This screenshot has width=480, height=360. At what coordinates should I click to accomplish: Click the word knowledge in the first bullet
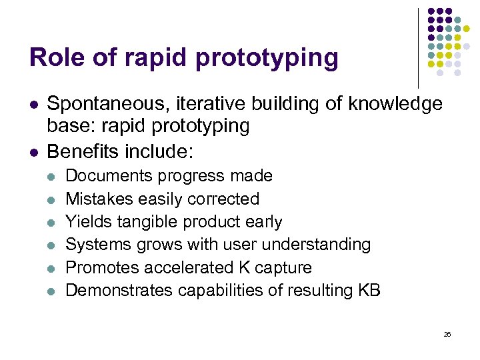(391, 104)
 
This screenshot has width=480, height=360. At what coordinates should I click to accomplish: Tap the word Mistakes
(97, 199)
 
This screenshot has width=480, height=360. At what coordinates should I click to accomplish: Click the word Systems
(95, 245)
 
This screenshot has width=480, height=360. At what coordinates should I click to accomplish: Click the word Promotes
(99, 267)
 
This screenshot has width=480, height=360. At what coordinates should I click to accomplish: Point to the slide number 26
(447, 334)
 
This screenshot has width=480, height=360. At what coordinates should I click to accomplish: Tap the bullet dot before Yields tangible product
(51, 223)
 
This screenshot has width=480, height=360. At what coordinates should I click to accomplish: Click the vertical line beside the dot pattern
(418, 47)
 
